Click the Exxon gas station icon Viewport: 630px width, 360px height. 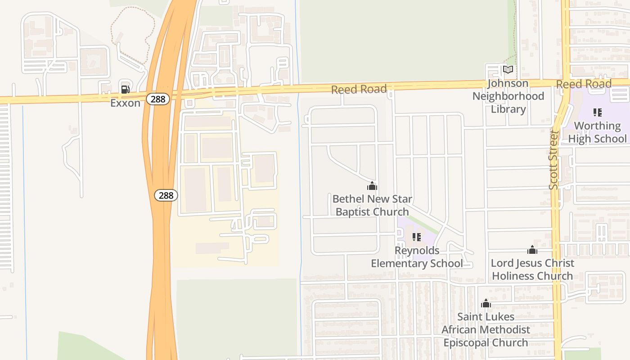[x=125, y=89]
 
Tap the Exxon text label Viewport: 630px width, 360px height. [x=125, y=103]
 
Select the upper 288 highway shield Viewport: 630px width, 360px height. [x=158, y=99]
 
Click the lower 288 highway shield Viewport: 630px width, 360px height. [x=166, y=195]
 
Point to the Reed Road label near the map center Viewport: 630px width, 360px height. [x=359, y=89]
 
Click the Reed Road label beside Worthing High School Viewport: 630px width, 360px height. [x=583, y=84]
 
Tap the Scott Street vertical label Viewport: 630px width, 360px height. [x=553, y=160]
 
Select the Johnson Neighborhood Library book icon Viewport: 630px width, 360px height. [x=508, y=70]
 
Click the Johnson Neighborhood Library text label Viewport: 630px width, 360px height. [x=508, y=96]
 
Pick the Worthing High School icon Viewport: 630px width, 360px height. [x=597, y=112]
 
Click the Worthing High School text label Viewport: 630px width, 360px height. [x=597, y=132]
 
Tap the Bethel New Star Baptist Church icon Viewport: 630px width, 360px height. [x=372, y=185]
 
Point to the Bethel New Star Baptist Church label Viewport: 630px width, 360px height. [x=372, y=205]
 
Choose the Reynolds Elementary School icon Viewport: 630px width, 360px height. [x=417, y=237]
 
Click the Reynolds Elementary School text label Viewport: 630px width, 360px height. [x=417, y=256]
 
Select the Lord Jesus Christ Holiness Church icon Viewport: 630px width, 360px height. [x=532, y=250]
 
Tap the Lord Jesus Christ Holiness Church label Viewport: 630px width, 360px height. [x=532, y=269]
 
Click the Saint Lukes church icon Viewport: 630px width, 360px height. [x=486, y=304]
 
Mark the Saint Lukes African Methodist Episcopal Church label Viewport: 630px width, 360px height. [x=486, y=329]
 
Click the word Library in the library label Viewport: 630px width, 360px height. [x=508, y=109]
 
